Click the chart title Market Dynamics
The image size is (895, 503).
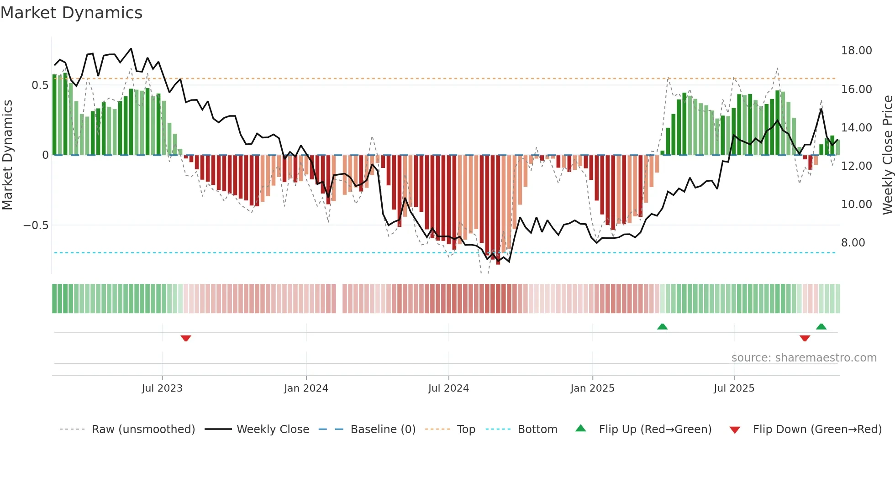(71, 13)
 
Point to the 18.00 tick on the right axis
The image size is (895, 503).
(856, 51)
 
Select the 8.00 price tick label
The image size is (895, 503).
(853, 243)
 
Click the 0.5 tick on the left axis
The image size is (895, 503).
(40, 85)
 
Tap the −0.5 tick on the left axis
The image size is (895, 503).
(36, 225)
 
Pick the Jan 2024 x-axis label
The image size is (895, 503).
(306, 388)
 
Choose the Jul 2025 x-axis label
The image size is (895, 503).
(734, 388)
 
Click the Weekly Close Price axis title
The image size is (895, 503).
(887, 155)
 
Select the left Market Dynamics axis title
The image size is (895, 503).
(7, 155)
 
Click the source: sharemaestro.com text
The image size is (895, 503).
(804, 358)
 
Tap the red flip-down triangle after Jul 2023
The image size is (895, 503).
(186, 338)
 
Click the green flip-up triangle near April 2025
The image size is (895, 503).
(662, 326)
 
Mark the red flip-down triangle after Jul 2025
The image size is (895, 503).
(805, 338)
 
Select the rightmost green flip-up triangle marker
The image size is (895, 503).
(821, 326)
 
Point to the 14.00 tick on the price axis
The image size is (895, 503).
(856, 128)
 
